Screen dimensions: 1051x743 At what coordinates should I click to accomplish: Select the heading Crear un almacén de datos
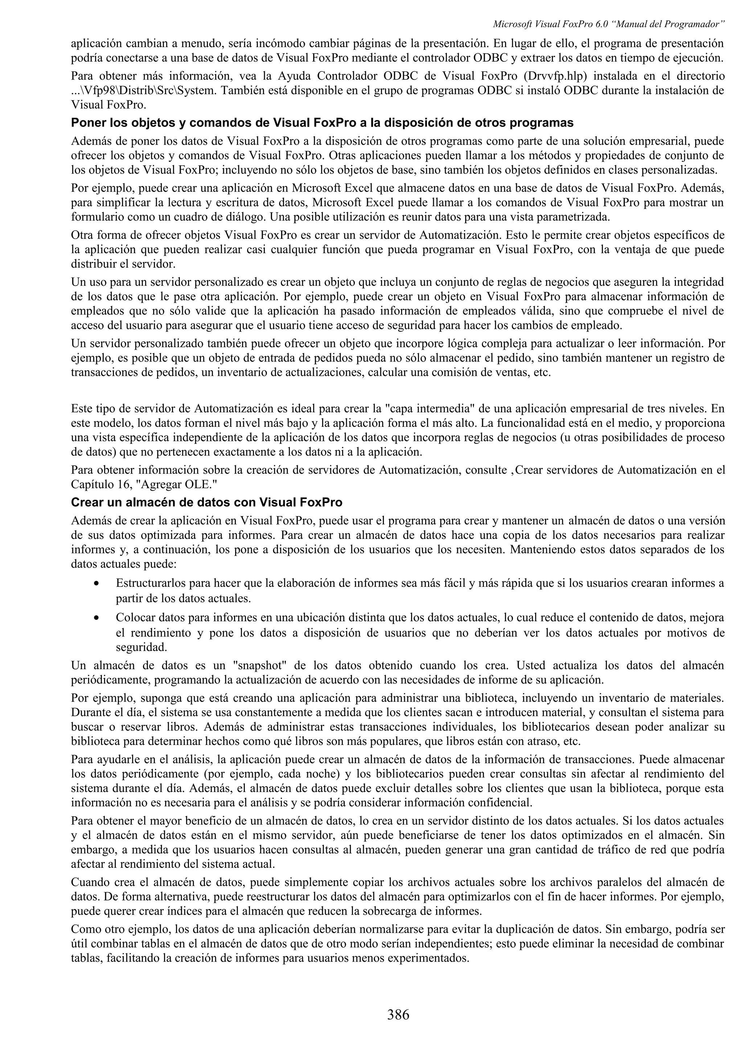pos(206,502)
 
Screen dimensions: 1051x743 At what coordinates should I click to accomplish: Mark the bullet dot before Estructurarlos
pos(96,584)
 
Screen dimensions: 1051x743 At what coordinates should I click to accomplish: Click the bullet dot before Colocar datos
pos(96,618)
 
